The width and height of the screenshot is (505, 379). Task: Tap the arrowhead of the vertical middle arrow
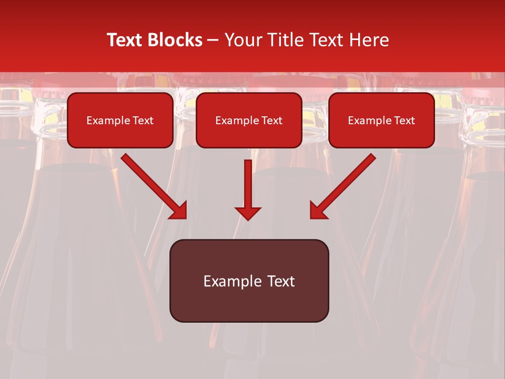pos(248,213)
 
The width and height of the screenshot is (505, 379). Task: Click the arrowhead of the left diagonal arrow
pos(179,211)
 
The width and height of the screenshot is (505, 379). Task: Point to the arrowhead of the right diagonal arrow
pos(318,211)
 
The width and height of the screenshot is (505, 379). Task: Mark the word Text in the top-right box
pos(405,121)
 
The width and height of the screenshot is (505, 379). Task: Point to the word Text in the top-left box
pos(143,121)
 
